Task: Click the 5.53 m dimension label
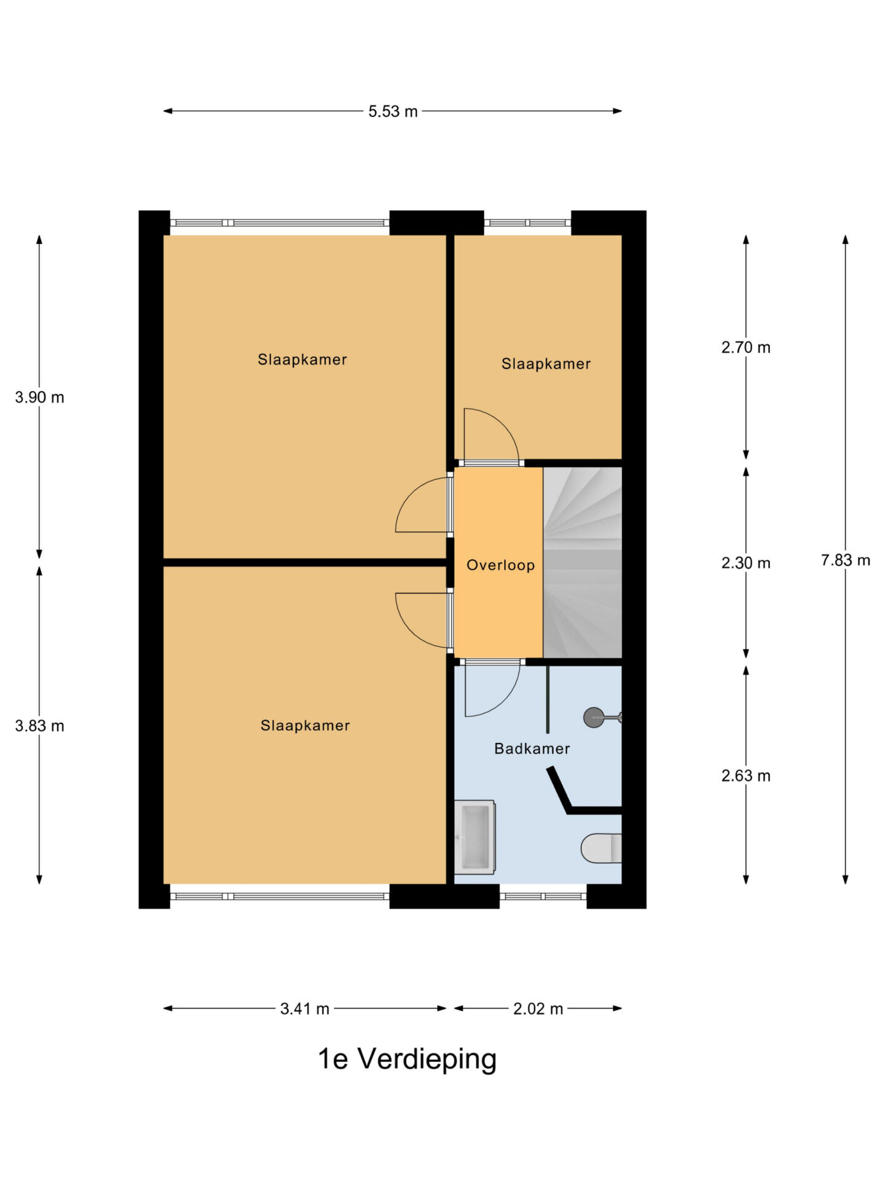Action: pos(393,111)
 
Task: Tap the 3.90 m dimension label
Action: pos(39,397)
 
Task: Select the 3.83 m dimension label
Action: pos(39,726)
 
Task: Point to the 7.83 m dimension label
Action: pos(846,560)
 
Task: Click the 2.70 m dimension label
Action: pos(746,347)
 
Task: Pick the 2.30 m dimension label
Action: pos(746,563)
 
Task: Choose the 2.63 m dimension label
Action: pos(746,776)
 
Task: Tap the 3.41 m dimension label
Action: pos(305,1009)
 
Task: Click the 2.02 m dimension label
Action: pos(538,1009)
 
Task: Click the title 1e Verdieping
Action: pos(407,1059)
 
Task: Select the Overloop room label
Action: pos(500,565)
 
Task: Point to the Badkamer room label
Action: pos(532,749)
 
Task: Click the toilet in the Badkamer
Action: pos(602,848)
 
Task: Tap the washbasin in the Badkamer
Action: pos(474,837)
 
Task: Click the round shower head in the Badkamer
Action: pos(594,717)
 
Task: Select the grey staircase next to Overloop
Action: pos(583,562)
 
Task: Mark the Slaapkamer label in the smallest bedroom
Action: pos(546,364)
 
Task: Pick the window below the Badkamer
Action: pos(543,896)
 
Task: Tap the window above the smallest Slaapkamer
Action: pos(528,223)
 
